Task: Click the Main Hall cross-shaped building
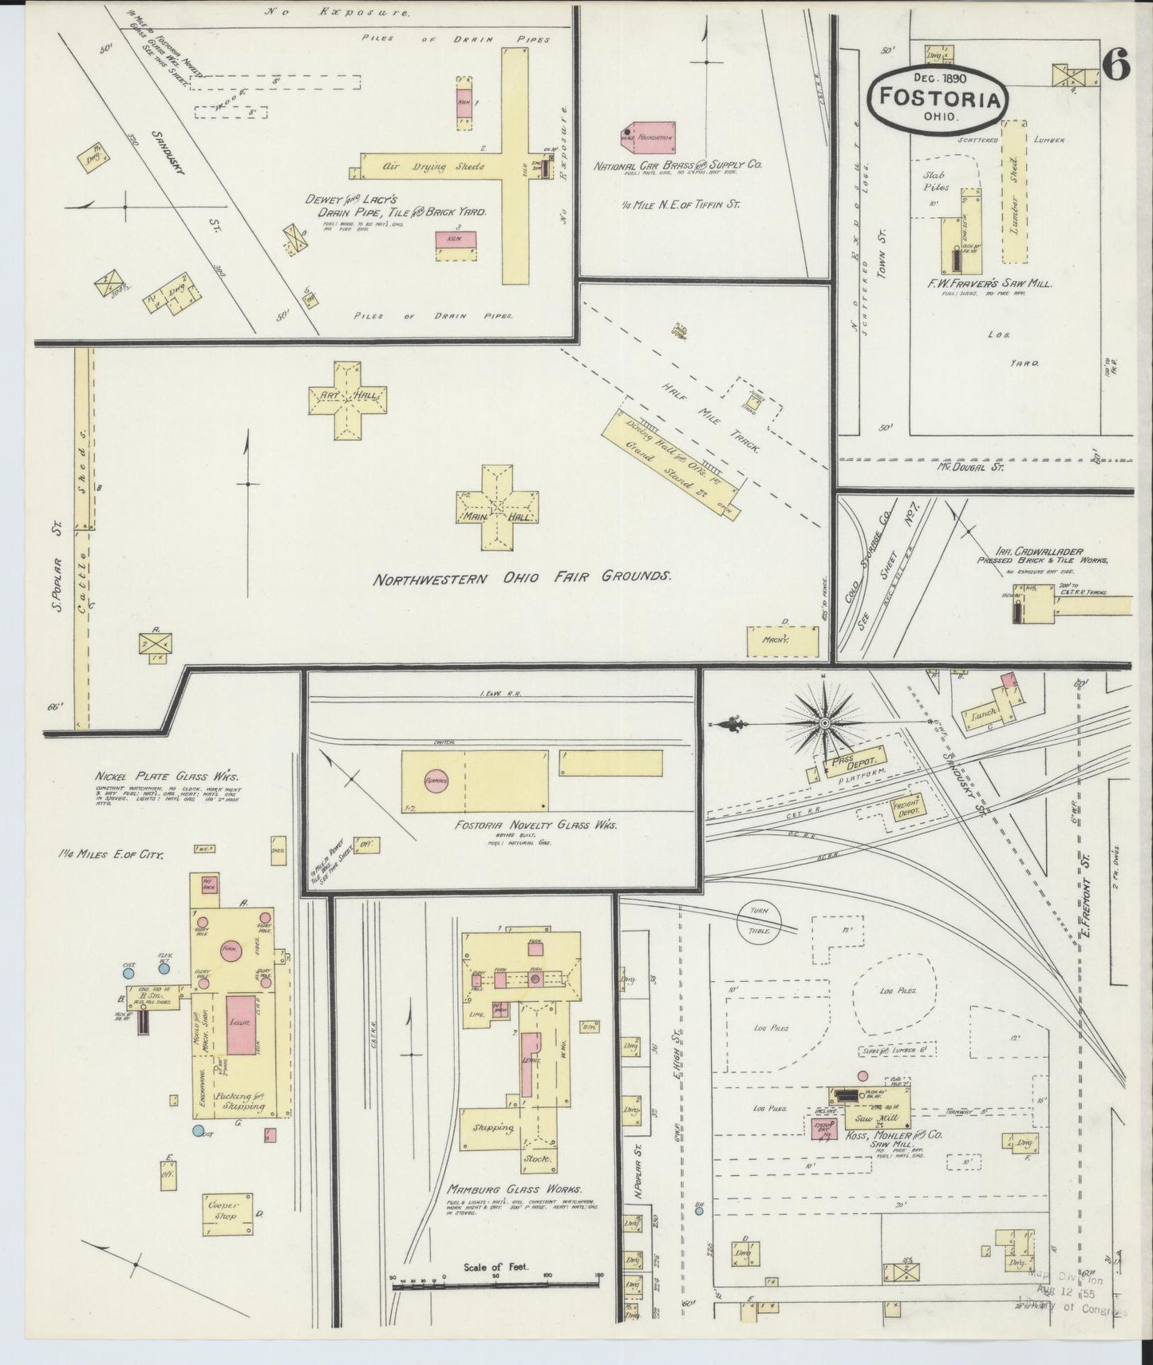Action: pos(496,508)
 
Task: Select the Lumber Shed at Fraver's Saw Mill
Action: pos(1013,192)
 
